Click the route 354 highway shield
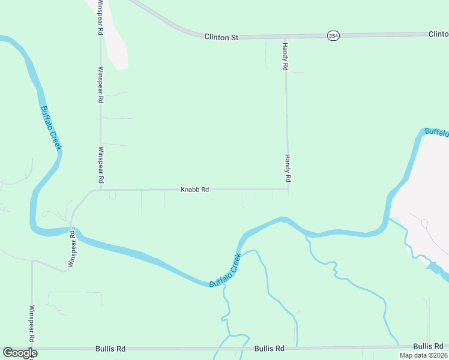[x=333, y=36]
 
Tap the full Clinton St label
[x=221, y=37]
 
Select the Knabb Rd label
[x=194, y=190]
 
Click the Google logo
[x=20, y=353]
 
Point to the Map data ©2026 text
[x=423, y=355]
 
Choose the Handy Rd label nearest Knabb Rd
[x=288, y=168]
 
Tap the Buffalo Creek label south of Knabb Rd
[x=226, y=270]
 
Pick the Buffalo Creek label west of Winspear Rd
[x=51, y=128]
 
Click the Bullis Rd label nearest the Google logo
[x=110, y=349]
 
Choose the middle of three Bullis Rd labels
[x=269, y=349]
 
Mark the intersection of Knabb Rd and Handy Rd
[x=288, y=190]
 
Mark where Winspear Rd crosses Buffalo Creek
[x=72, y=230]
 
